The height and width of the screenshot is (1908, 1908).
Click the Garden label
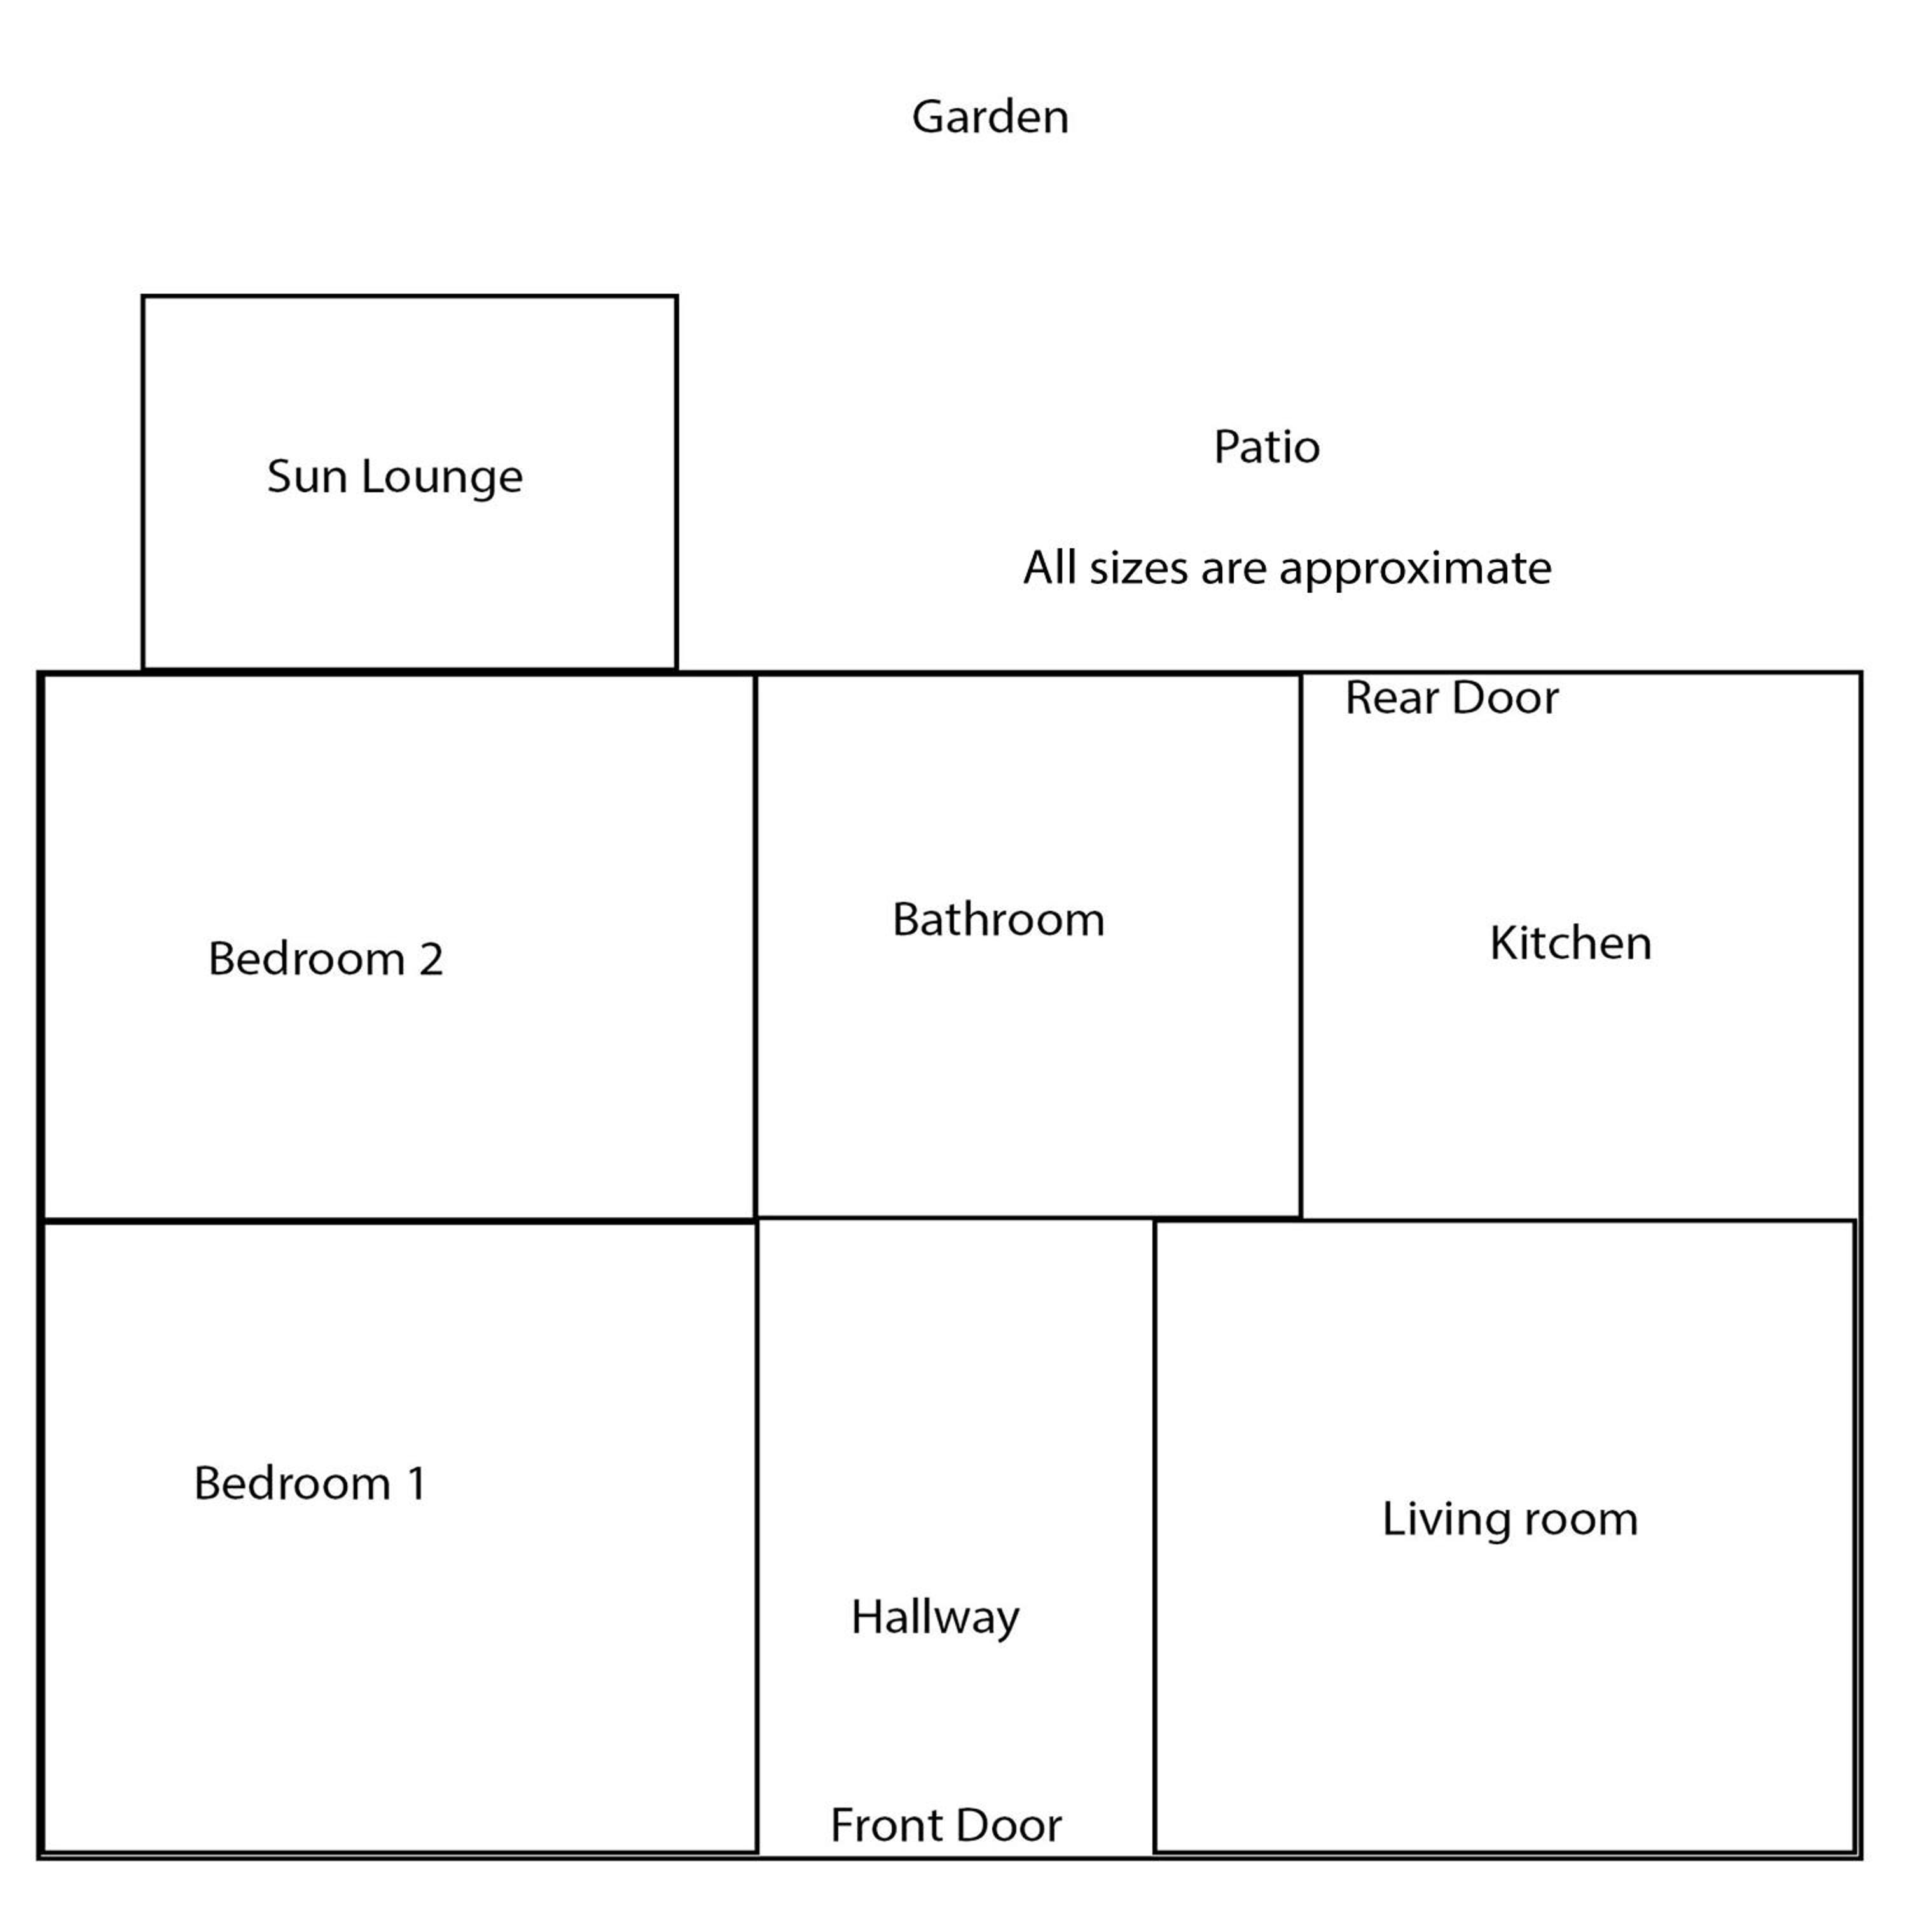pyautogui.click(x=990, y=116)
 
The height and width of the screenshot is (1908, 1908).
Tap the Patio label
pyautogui.click(x=1266, y=446)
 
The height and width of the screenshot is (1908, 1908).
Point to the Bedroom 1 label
pyautogui.click(x=310, y=1483)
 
